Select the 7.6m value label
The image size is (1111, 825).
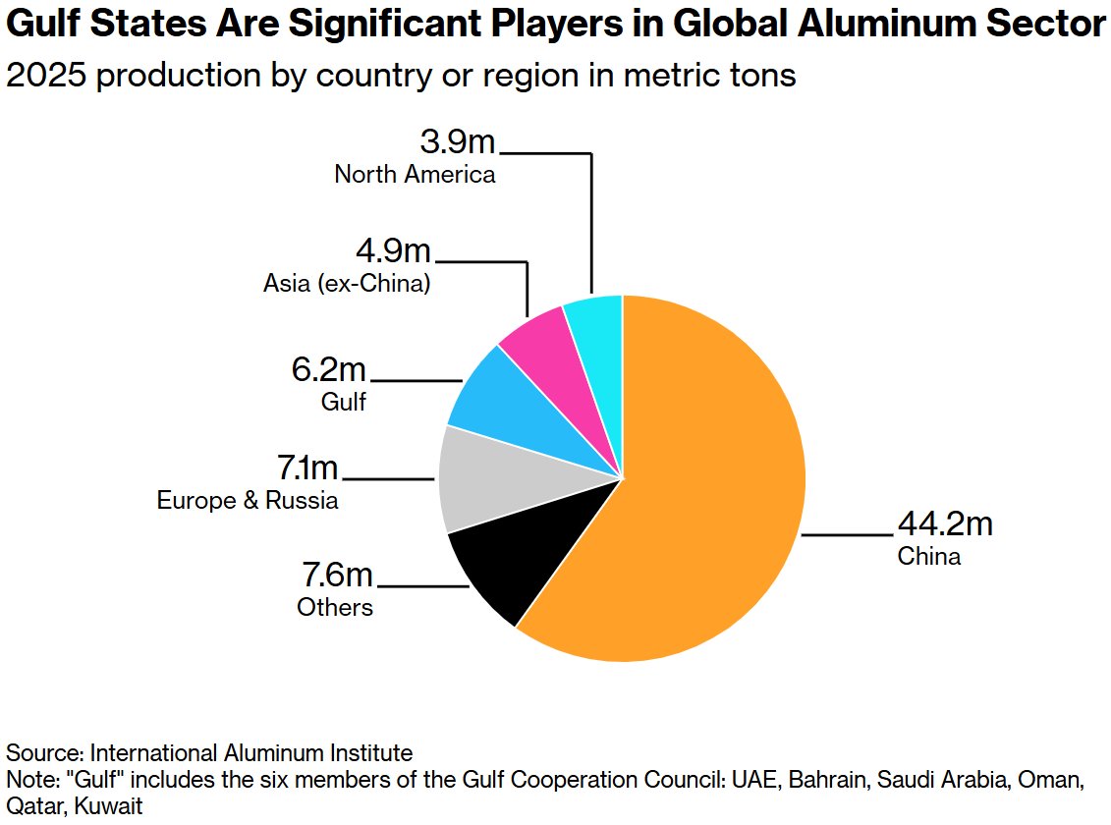[x=337, y=575]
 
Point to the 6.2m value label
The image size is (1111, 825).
[x=328, y=370]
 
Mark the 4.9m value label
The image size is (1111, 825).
[x=394, y=251]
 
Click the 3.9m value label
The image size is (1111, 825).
[x=458, y=142]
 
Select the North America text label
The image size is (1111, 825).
[x=415, y=175]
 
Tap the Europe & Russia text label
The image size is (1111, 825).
[x=248, y=500]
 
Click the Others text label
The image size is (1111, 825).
[x=335, y=607]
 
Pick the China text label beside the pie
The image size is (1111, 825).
[x=928, y=557]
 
